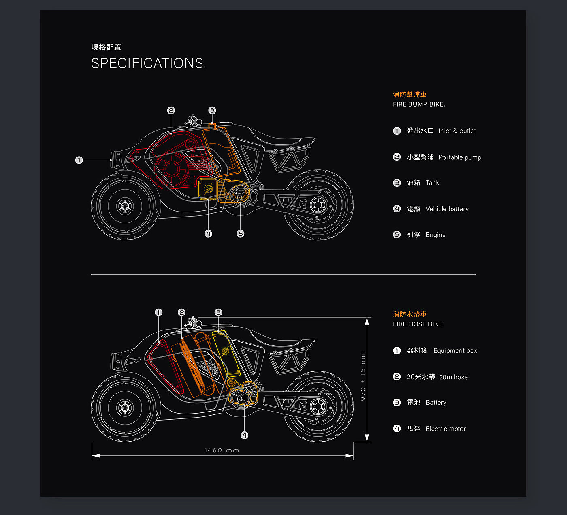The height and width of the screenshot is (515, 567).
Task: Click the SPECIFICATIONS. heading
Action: pos(148,63)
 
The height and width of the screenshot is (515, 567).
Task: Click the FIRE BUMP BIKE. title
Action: pos(419,104)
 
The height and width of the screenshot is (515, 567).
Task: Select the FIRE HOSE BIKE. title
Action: pos(418,324)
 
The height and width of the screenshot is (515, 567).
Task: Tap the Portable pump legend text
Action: pos(460,157)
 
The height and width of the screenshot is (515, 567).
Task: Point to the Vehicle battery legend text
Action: pos(447,209)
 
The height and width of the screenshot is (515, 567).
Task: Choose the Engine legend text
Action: pos(435,235)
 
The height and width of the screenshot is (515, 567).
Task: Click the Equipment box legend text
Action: pos(455,350)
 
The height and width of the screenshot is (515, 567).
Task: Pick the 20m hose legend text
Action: pos(453,377)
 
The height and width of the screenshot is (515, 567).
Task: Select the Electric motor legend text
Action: pos(446,429)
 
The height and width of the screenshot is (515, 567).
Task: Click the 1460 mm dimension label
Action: pos(222,450)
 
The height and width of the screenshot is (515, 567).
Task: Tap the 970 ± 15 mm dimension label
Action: pos(363,376)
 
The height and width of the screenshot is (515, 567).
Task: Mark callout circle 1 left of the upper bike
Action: pos(79,160)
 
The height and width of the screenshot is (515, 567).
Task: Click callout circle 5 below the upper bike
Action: pos(241,234)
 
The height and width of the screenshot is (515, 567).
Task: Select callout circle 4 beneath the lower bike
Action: pos(244,435)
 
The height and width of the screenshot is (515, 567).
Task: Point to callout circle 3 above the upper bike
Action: pos(212,110)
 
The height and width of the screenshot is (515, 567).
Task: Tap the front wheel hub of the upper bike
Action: pos(125,206)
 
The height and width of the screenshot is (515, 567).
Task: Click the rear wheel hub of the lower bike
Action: pos(318,406)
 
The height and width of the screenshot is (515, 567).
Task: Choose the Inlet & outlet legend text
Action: pos(457,131)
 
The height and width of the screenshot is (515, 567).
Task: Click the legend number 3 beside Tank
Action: pos(397,183)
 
